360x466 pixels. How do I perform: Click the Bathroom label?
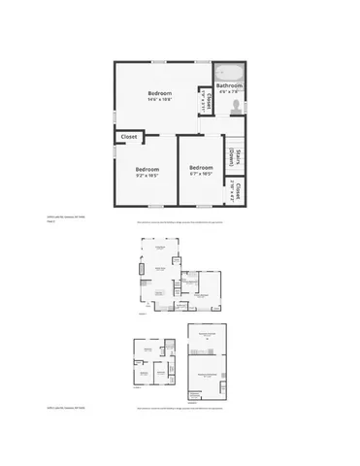pos(229,85)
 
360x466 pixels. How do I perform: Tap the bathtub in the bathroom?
pos(230,71)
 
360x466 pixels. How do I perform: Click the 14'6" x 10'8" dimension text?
pos(159,100)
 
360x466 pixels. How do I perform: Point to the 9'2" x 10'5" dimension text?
pos(147,176)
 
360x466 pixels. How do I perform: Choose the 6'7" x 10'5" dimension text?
pos(201,174)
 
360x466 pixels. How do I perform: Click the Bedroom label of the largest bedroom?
pos(159,92)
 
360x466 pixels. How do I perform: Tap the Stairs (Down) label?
pos(234,156)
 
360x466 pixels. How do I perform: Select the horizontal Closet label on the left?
pos(129,138)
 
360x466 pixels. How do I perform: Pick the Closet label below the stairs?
pos(236,191)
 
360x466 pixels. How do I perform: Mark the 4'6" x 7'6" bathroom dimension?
pos(229,93)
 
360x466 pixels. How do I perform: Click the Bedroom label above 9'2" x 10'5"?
pos(147,169)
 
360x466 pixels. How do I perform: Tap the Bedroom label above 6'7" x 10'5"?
pos(201,167)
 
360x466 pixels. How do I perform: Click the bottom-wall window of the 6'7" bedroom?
pos(204,206)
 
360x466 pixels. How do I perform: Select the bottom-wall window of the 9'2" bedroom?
pos(147,206)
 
